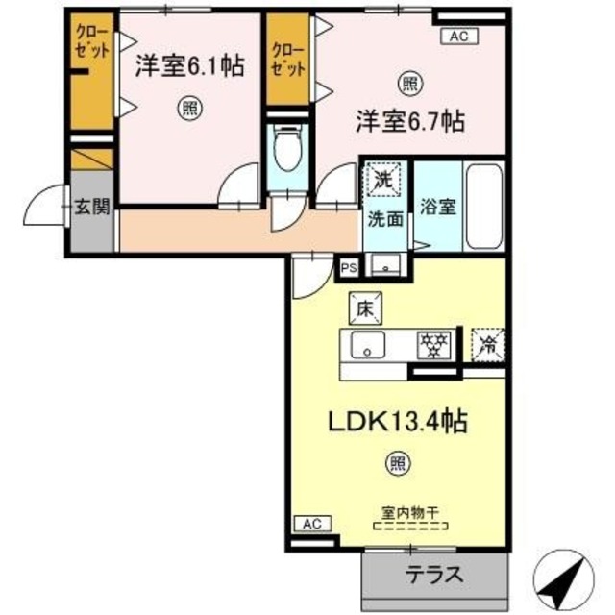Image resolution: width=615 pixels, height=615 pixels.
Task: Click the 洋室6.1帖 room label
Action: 188,66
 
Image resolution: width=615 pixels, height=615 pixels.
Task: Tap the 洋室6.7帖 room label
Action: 411,121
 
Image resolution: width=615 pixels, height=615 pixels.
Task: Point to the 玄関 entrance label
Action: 93,205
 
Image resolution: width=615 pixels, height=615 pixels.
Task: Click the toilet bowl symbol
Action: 284,151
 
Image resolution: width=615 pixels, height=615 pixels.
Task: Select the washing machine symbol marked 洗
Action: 384,178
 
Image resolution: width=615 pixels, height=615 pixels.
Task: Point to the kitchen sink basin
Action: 369,345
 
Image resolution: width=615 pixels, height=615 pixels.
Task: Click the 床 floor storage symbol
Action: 365,307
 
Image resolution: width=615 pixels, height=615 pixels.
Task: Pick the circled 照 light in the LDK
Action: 397,465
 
